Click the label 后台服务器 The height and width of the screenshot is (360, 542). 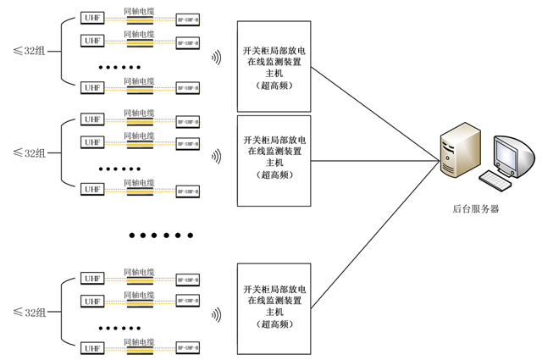pos(476,208)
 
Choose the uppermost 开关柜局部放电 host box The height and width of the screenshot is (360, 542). pos(274,68)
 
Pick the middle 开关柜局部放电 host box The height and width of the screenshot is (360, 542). pos(274,160)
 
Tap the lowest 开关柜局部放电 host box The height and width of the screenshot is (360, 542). pos(274,307)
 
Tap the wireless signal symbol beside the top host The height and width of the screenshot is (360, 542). pos(217,58)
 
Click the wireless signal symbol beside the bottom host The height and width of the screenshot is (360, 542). pos(217,314)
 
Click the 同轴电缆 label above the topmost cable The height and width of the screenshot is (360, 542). pos(139,10)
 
